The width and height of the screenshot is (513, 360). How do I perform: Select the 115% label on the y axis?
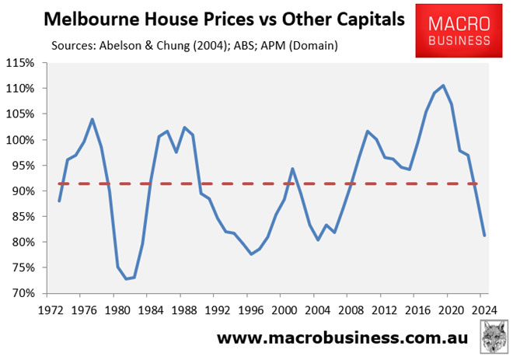[23, 63]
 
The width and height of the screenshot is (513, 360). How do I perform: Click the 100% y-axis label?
[23, 140]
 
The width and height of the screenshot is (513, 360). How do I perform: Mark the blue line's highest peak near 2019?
[443, 86]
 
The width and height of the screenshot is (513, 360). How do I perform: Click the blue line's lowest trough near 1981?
[126, 279]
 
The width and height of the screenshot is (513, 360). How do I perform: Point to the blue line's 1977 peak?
[92, 119]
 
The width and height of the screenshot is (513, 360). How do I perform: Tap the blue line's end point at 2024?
[485, 236]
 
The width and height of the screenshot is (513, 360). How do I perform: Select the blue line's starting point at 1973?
[60, 201]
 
